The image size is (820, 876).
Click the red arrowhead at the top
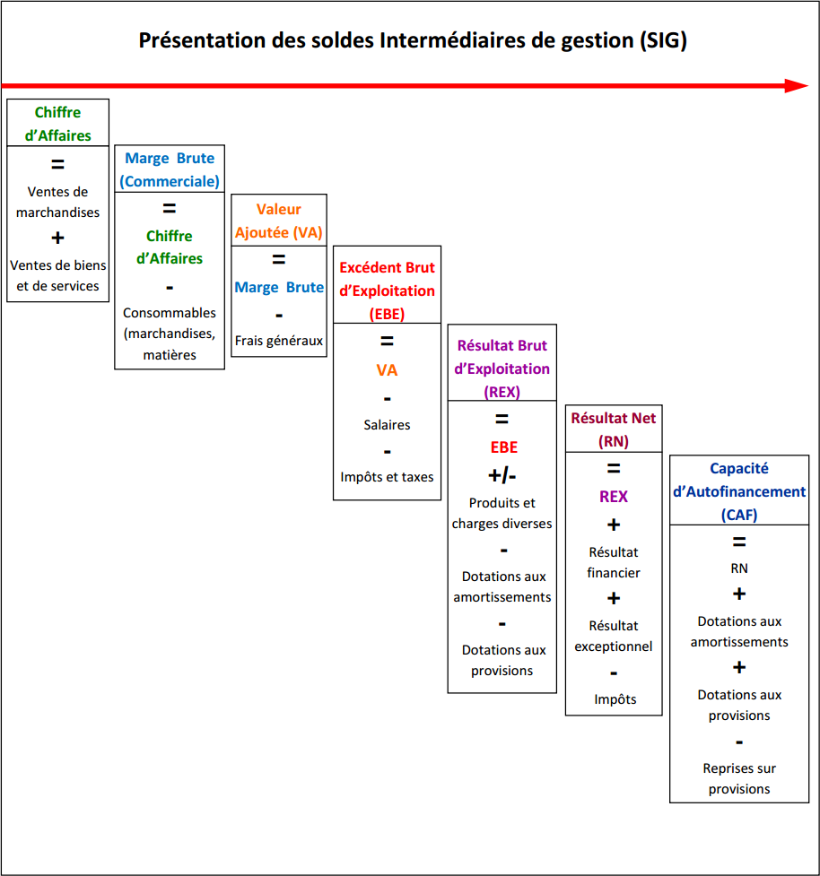[797, 85]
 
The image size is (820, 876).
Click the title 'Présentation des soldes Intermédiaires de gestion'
[387, 40]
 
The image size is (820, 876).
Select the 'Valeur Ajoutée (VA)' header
[278, 221]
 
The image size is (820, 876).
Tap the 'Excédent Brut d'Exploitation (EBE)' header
[387, 291]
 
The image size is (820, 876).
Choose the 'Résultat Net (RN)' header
[613, 429]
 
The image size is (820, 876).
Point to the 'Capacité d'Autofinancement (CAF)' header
[739, 491]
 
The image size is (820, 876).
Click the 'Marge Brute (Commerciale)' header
[170, 169]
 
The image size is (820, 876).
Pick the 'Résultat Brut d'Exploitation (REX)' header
[502, 369]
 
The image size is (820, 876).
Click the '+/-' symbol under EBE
[502, 475]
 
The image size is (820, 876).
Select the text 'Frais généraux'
[278, 341]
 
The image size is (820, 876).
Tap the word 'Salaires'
[387, 425]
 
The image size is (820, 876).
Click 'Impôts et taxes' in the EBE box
[387, 477]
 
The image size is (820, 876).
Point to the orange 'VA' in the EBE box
[387, 370]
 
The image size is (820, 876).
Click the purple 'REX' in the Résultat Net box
[613, 497]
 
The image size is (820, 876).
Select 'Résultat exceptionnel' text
[613, 636]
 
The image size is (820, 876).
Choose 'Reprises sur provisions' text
[739, 778]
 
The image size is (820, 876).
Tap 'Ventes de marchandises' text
[57, 202]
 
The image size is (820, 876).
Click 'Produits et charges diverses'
[502, 513]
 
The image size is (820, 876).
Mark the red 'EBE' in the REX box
[503, 447]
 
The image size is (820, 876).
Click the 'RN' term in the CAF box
[739, 568]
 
